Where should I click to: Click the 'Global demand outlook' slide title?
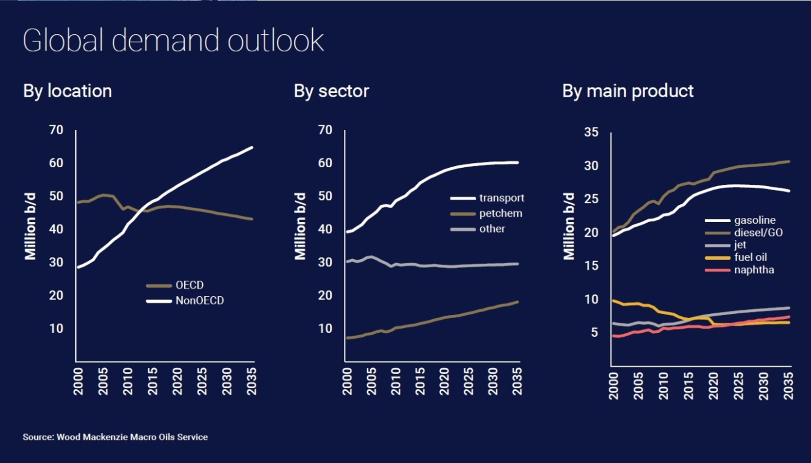pyautogui.click(x=173, y=41)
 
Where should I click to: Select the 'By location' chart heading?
pyautogui.click(x=68, y=91)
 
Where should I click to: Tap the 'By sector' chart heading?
pyautogui.click(x=331, y=91)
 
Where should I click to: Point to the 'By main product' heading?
pyautogui.click(x=628, y=91)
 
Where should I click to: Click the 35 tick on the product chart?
pyautogui.click(x=591, y=132)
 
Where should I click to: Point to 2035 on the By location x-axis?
pyautogui.click(x=251, y=381)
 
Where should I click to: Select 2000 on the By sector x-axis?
pyautogui.click(x=347, y=381)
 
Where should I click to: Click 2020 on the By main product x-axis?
pyautogui.click(x=713, y=385)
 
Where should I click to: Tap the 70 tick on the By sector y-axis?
pyautogui.click(x=325, y=130)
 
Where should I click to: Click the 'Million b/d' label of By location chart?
pyautogui.click(x=30, y=226)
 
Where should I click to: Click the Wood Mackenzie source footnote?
pyautogui.click(x=115, y=437)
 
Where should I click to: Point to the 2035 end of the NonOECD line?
pyautogui.click(x=252, y=147)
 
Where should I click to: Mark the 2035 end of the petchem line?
pyautogui.click(x=517, y=302)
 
